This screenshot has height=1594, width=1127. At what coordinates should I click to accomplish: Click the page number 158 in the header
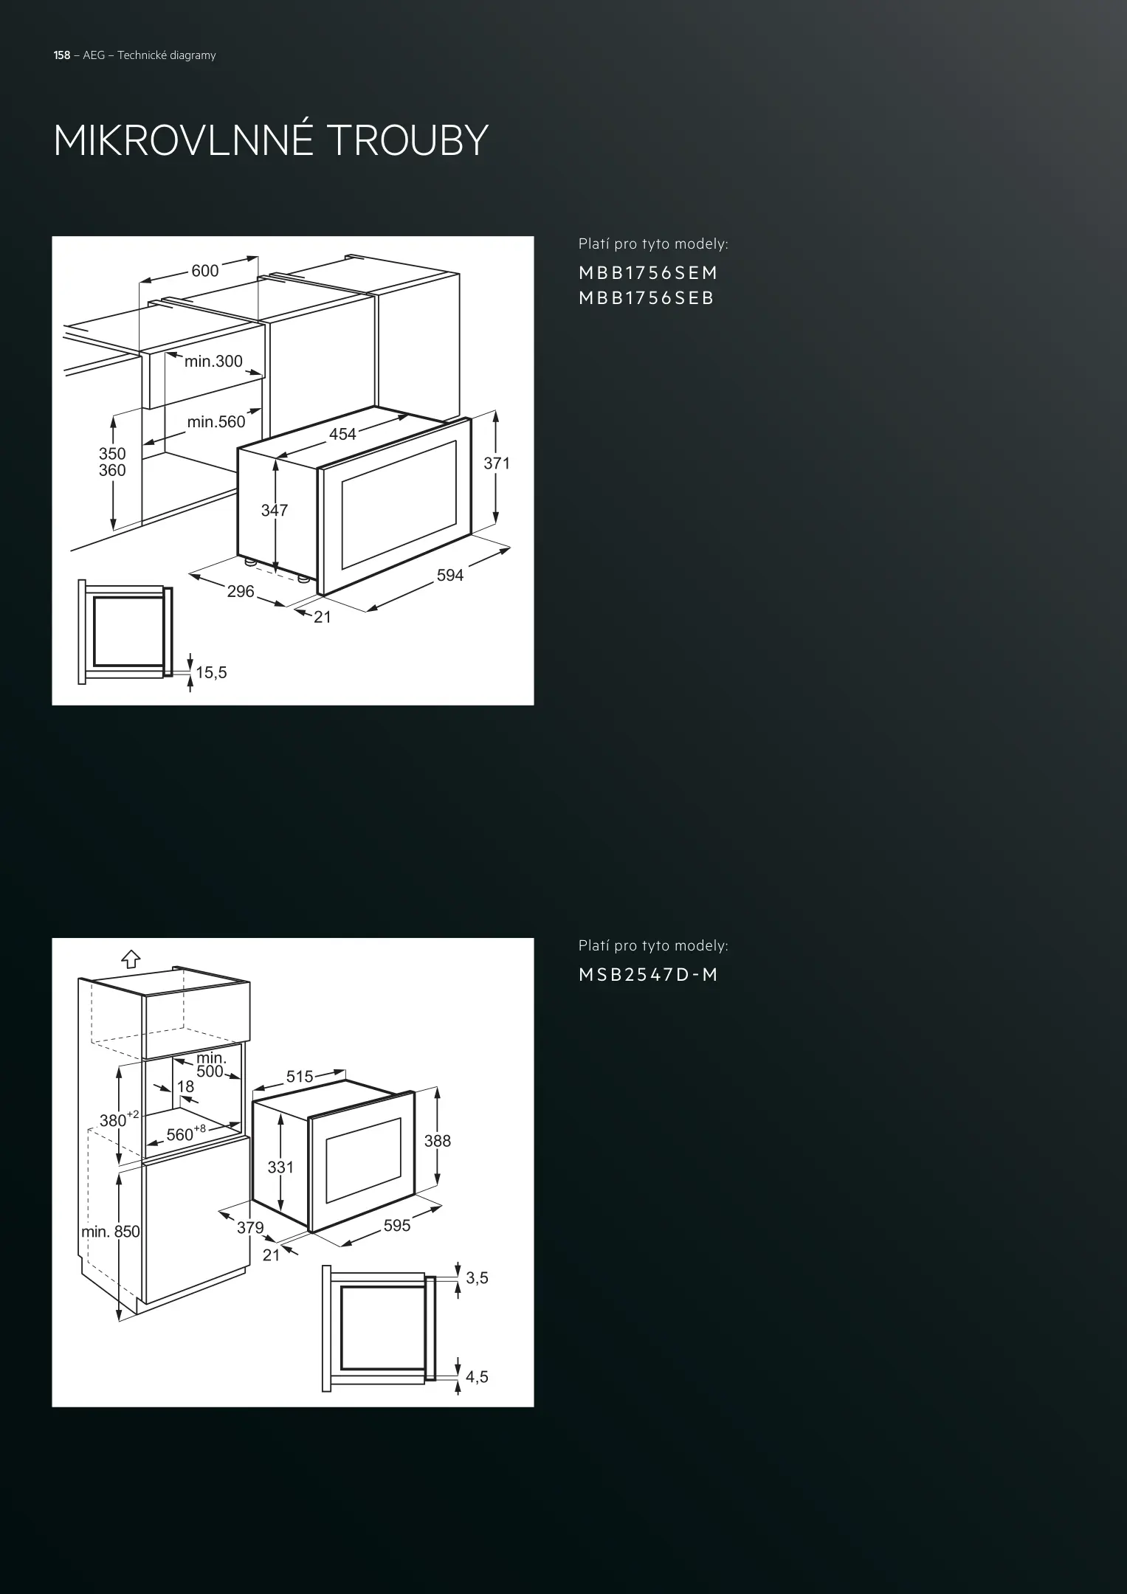62,55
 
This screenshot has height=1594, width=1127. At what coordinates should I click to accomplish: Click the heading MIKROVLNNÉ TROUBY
271,139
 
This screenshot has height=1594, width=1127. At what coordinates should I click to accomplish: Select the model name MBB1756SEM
648,273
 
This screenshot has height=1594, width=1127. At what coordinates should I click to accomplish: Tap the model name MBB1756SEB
647,298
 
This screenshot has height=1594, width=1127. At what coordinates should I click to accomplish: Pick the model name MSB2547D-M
648,975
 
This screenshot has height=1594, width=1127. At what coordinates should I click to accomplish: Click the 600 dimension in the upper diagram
205,271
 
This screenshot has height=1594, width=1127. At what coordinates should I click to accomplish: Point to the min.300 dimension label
213,361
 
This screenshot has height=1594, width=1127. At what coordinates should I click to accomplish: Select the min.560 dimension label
216,422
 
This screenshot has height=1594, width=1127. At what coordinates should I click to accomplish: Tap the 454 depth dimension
342,435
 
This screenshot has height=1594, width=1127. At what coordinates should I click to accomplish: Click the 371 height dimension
497,463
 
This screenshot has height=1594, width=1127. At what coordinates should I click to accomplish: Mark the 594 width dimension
450,576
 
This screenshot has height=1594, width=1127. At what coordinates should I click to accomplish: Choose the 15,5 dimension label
212,672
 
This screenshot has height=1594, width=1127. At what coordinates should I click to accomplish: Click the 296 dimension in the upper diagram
241,591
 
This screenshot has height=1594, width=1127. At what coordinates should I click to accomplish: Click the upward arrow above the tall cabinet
131,959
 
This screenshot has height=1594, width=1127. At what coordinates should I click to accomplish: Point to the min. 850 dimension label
110,1232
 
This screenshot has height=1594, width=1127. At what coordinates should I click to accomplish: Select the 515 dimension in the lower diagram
300,1077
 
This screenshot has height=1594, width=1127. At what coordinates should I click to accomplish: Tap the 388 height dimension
438,1141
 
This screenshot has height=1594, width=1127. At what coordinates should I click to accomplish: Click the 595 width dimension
397,1226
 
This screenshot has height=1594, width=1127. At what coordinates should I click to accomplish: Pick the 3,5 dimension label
478,1277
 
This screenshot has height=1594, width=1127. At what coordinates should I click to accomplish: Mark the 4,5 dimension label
478,1376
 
